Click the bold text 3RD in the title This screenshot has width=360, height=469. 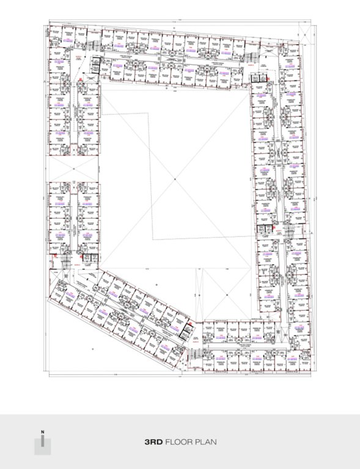pyautogui.click(x=153, y=441)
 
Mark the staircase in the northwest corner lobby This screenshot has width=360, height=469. pyautogui.click(x=90, y=47)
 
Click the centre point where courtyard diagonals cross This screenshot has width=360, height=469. pyautogui.click(x=174, y=178)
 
